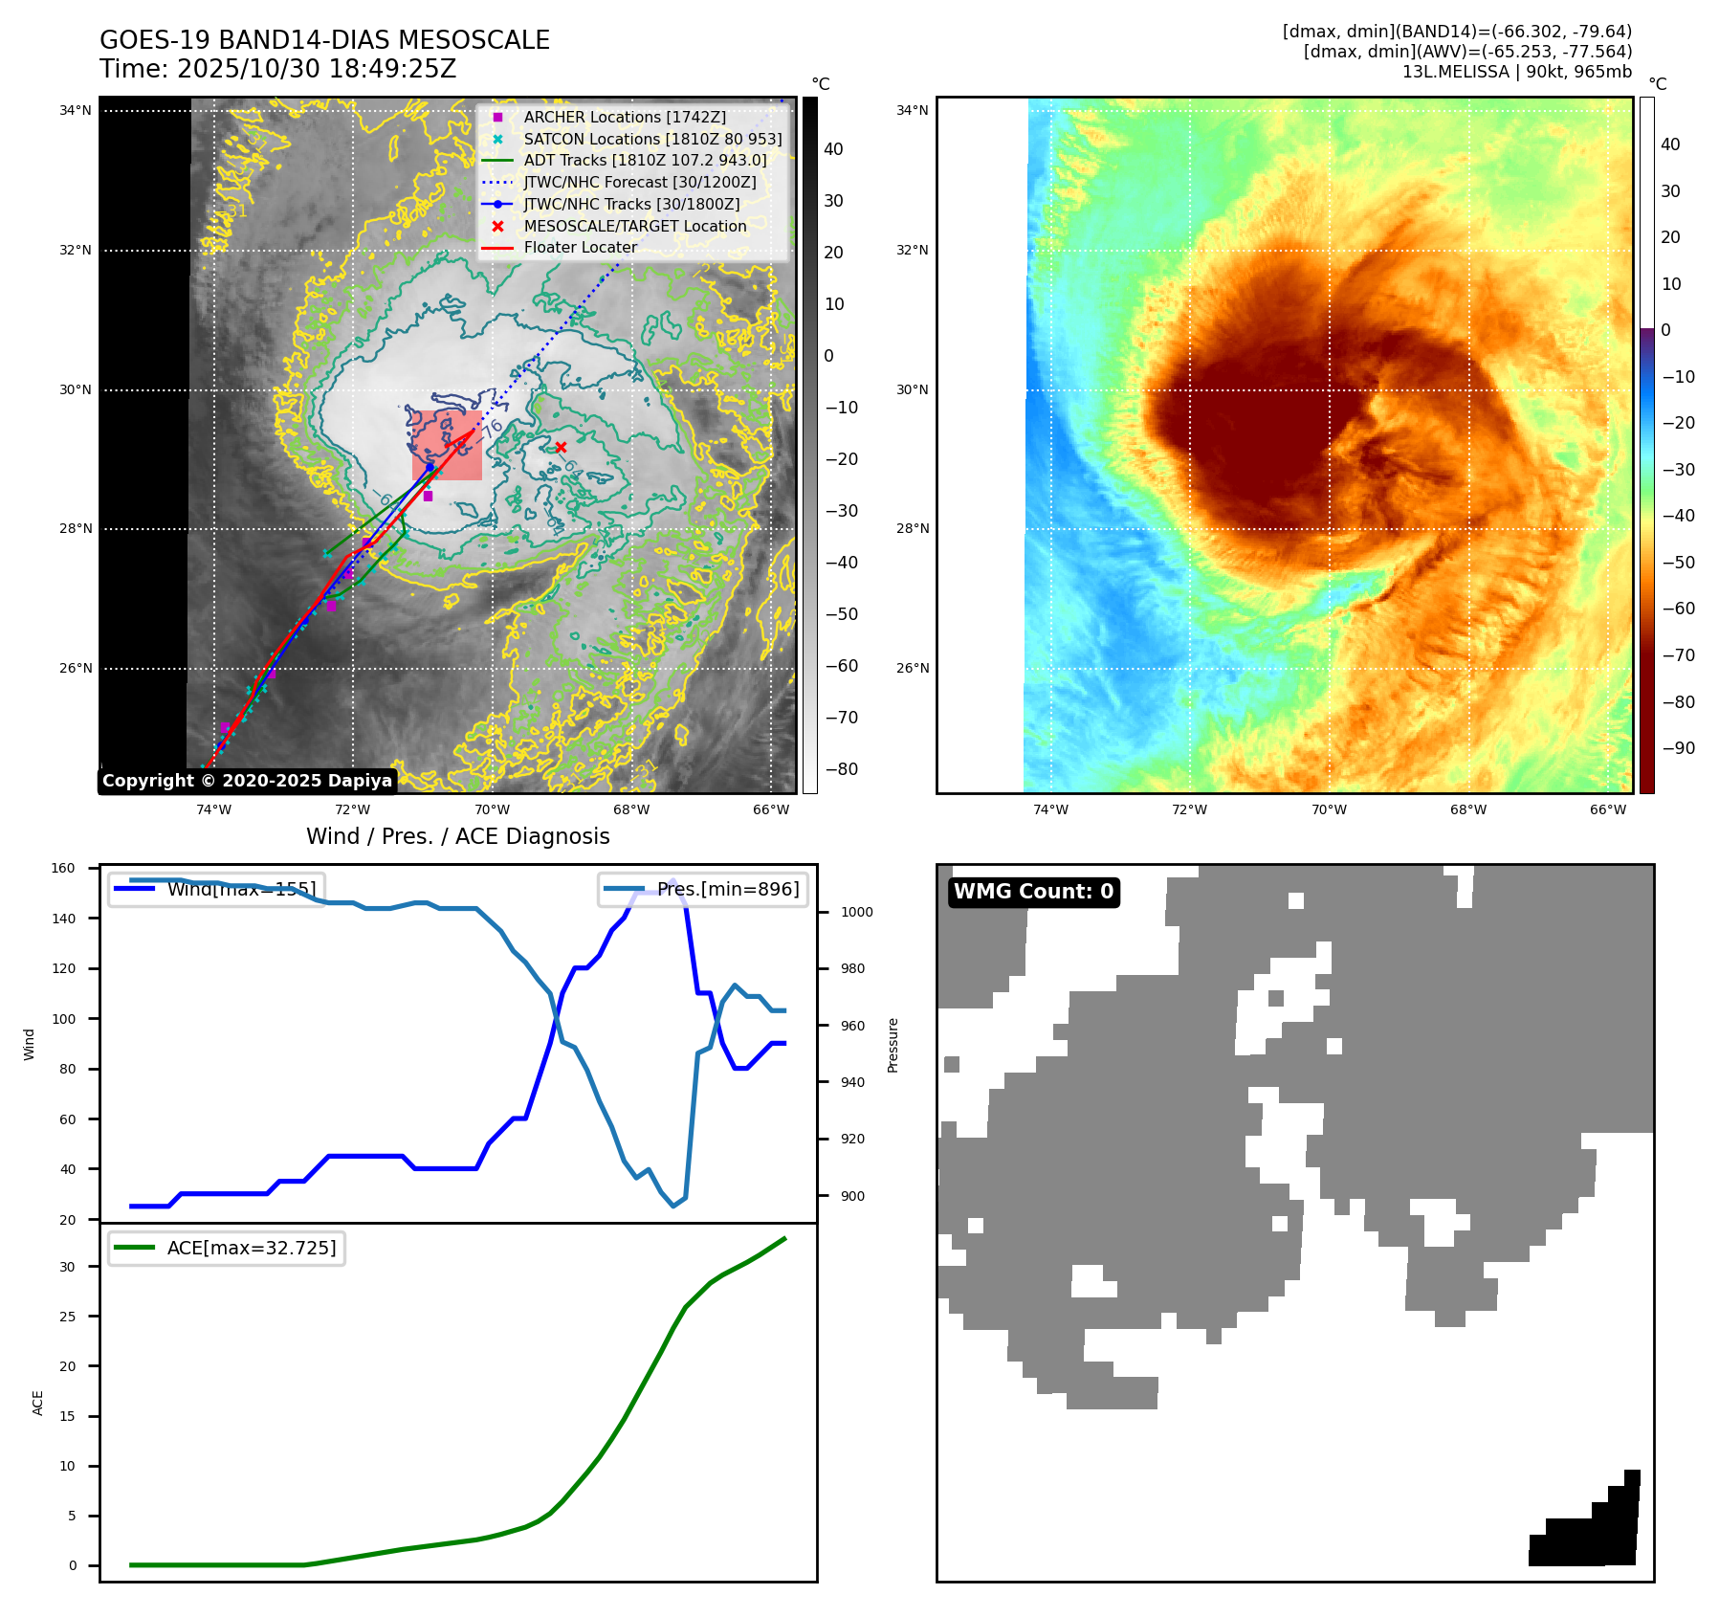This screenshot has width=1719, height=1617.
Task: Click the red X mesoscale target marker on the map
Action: pyautogui.click(x=561, y=447)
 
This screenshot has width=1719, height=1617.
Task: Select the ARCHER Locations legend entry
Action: pyautogui.click(x=624, y=117)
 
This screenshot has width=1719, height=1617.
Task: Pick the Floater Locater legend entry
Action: pyautogui.click(x=580, y=247)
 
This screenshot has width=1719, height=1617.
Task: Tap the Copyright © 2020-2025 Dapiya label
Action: pyautogui.click(x=247, y=781)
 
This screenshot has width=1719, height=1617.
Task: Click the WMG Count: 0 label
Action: pyautogui.click(x=1033, y=892)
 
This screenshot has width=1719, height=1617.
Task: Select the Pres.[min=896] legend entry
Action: pyautogui.click(x=704, y=889)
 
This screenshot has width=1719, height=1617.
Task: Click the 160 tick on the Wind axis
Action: pyautogui.click(x=63, y=868)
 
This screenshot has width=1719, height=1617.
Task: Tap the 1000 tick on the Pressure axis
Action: pyautogui.click(x=856, y=912)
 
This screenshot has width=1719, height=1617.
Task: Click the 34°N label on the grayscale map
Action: pyautogui.click(x=76, y=110)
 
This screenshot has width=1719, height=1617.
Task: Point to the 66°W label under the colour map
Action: pyautogui.click(x=1608, y=809)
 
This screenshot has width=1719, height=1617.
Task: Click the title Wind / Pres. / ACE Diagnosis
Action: pyautogui.click(x=457, y=836)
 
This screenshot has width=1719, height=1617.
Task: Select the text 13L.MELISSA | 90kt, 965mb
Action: pyautogui.click(x=1516, y=72)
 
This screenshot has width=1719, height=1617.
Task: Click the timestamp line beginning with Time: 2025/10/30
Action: pyautogui.click(x=277, y=69)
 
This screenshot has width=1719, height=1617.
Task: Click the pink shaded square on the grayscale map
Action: pyautogui.click(x=447, y=446)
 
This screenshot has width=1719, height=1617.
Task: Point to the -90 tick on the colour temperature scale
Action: pyautogui.click(x=1678, y=748)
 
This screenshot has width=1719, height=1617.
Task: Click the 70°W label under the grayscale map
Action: pyautogui.click(x=492, y=809)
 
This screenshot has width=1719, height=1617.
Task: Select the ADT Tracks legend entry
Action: pyautogui.click(x=645, y=161)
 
